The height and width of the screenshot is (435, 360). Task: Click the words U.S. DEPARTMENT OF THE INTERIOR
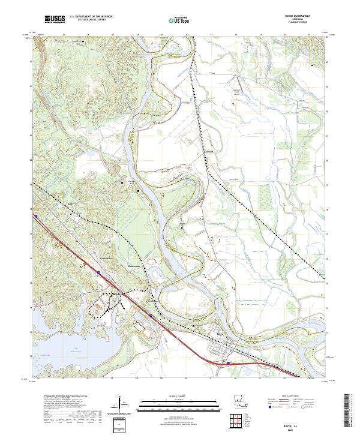(91, 17)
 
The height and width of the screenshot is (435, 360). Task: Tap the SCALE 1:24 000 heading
(179, 397)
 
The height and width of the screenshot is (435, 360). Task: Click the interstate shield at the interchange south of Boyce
(228, 362)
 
